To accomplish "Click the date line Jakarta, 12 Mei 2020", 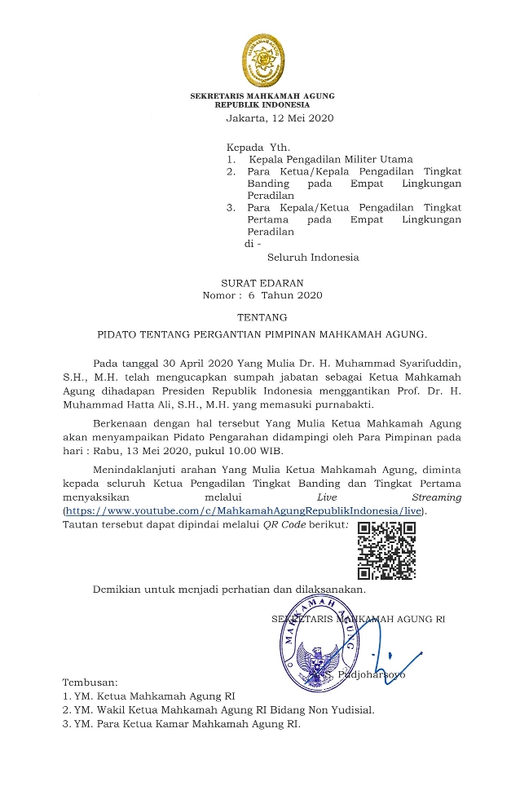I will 280,118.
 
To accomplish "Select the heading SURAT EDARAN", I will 263,282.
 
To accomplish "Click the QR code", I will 387,551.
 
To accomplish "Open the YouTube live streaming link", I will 245,510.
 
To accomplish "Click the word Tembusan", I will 90,682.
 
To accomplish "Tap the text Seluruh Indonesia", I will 313,258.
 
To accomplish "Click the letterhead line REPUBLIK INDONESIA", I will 262,105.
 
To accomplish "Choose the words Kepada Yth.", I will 253,147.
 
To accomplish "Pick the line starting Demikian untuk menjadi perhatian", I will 229,589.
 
